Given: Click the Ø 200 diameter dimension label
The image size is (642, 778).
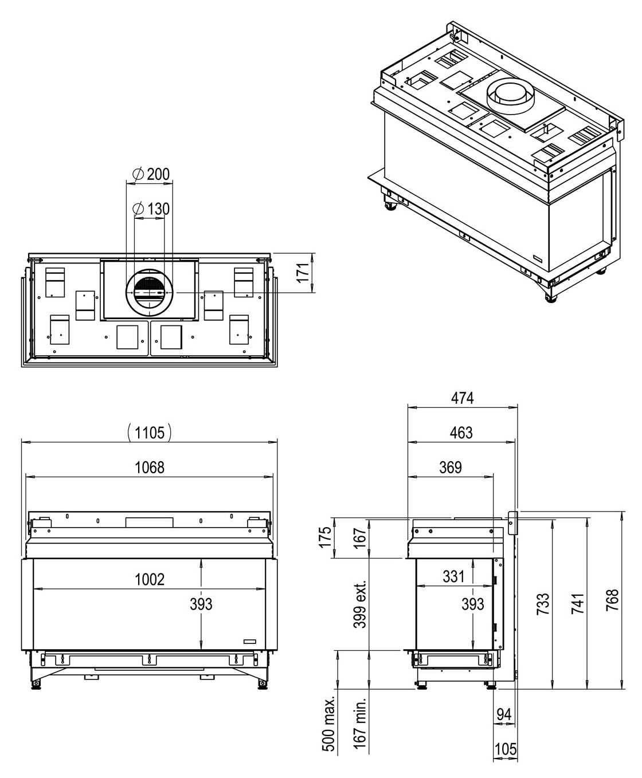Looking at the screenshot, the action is click(151, 174).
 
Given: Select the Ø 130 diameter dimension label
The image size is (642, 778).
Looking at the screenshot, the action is click(151, 209).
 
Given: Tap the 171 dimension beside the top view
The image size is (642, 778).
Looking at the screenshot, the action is click(304, 273).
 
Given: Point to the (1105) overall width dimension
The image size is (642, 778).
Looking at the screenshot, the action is click(150, 433).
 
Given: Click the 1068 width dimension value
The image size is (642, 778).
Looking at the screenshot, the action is click(150, 467).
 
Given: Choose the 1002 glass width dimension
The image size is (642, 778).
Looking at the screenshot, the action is click(150, 579).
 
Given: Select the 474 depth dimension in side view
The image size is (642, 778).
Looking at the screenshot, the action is click(463, 398).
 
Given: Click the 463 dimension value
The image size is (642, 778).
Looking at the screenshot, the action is click(461, 433).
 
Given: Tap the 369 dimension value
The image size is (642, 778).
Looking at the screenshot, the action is click(451, 467).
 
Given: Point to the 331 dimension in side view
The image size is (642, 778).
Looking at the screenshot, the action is click(454, 576).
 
